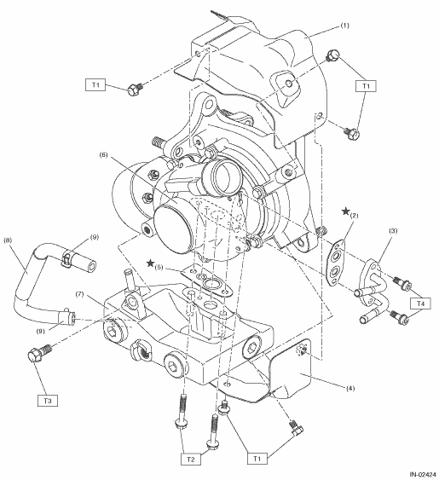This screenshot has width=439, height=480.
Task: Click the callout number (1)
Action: pos(344,26)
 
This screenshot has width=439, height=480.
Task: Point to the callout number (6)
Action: pos(103,155)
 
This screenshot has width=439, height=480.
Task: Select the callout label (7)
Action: pos(80,295)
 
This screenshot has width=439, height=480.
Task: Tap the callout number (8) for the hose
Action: pos(8,240)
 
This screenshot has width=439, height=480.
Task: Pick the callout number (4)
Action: pos(350,389)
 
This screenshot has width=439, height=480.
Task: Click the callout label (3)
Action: pos(393,230)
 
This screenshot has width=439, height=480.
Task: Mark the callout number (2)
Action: pos(355,216)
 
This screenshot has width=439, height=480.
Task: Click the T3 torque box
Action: pos(48,401)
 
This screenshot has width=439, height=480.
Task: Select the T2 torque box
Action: pos(190,460)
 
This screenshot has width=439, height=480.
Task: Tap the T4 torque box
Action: pos(420,304)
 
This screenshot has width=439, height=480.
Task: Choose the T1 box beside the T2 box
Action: pos(257,459)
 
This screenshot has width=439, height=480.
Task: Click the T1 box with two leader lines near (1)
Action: pos(366,86)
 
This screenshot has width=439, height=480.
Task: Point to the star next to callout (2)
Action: pos(346,211)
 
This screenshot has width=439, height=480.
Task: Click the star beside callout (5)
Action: pos(150,263)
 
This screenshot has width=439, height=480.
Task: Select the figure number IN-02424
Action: pos(423,475)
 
